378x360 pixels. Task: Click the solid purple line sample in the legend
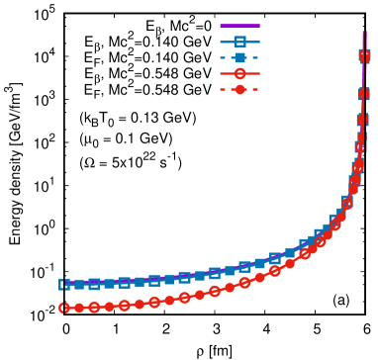pyautogui.click(x=239, y=27)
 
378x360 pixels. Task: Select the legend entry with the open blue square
pyautogui.click(x=239, y=43)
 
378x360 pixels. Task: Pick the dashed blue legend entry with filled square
pyautogui.click(x=239, y=58)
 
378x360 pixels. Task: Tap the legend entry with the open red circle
pyautogui.click(x=239, y=74)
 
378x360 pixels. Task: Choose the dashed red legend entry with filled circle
pyautogui.click(x=239, y=90)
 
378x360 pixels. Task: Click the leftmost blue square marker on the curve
pyautogui.click(x=64, y=284)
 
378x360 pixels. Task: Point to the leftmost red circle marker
pyautogui.click(x=64, y=308)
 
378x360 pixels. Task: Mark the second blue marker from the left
pyautogui.click(x=79, y=284)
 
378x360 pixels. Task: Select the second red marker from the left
pyautogui.click(x=79, y=308)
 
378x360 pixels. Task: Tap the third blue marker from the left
pyautogui.click(x=94, y=284)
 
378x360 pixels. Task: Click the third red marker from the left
pyautogui.click(x=94, y=307)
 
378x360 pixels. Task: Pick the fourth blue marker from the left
pyautogui.click(x=109, y=283)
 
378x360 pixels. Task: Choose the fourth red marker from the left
pyautogui.click(x=109, y=307)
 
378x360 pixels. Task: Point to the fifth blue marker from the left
pyautogui.click(x=124, y=282)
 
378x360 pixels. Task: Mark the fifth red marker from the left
pyautogui.click(x=124, y=306)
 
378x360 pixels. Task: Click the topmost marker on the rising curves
pyautogui.click(x=364, y=56)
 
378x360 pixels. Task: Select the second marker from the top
pyautogui.click(x=364, y=94)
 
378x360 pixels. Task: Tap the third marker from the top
pyautogui.click(x=362, y=120)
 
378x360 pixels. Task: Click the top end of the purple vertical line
pyautogui.click(x=364, y=32)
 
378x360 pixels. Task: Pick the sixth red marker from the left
pyautogui.click(x=140, y=304)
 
